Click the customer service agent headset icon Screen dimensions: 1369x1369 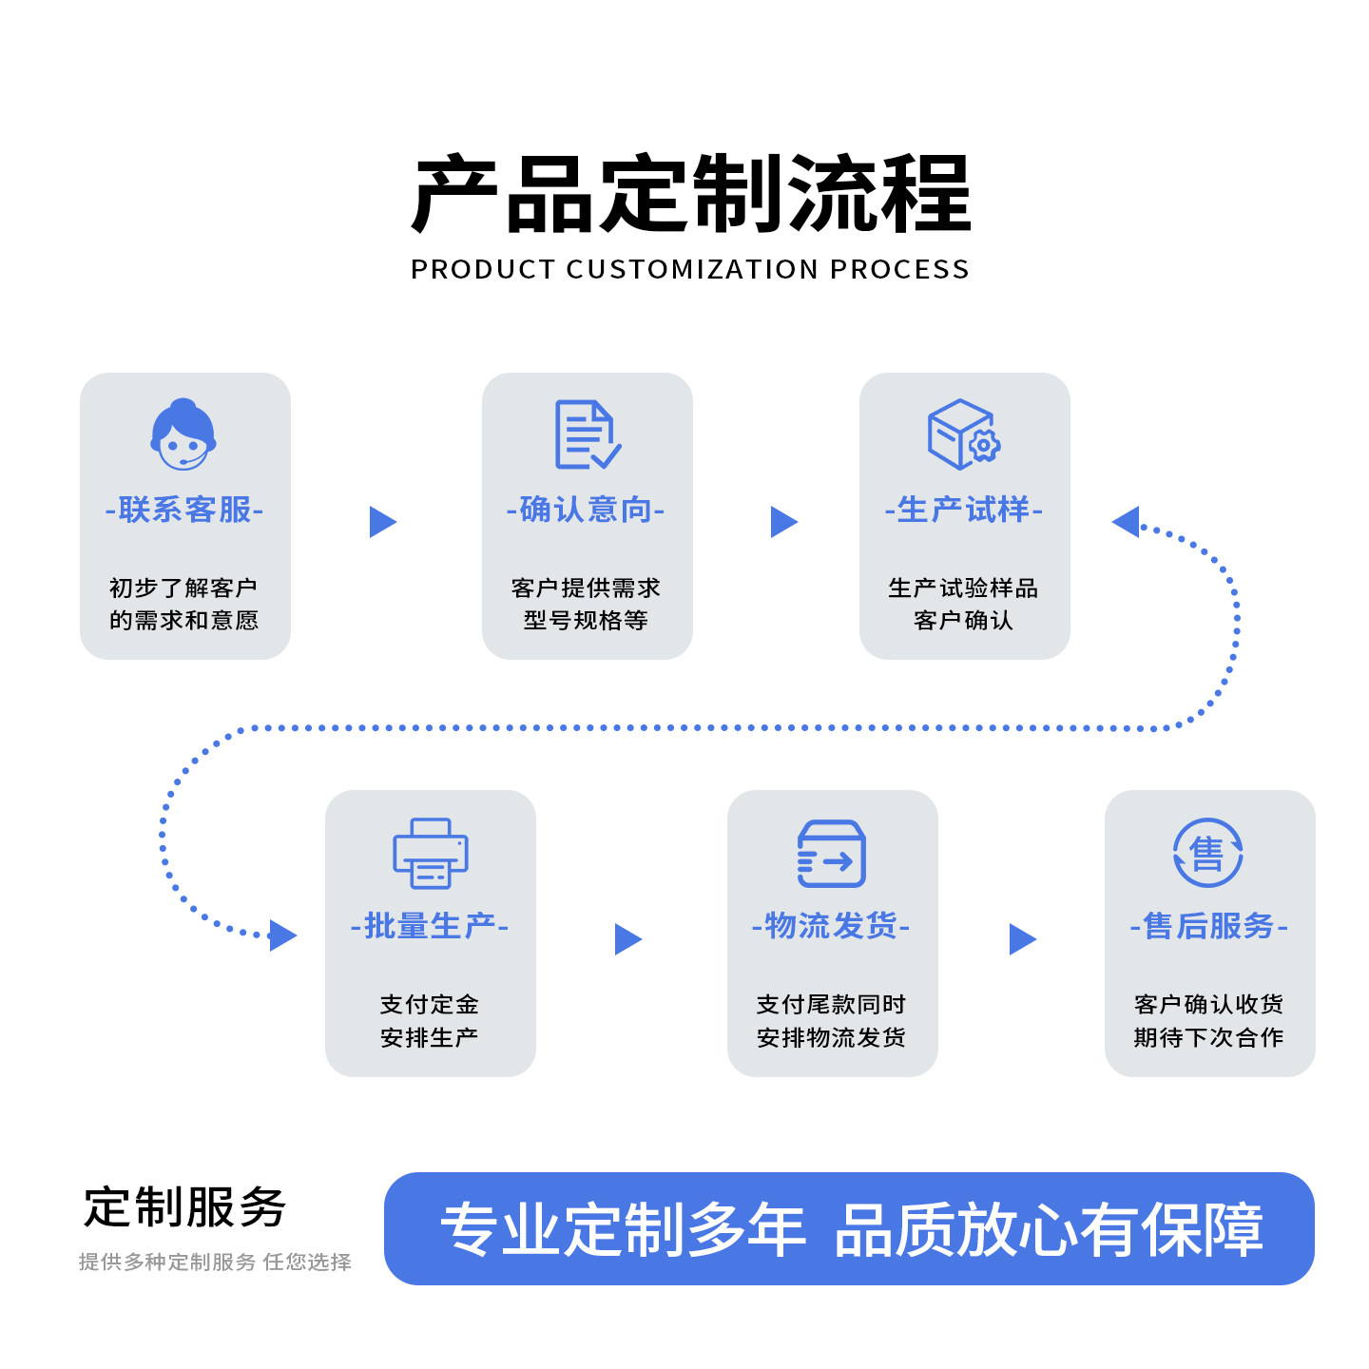click(x=183, y=434)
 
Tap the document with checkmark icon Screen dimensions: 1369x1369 click(x=588, y=434)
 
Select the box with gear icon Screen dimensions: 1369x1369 click(x=963, y=434)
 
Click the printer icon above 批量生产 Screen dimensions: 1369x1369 click(x=431, y=853)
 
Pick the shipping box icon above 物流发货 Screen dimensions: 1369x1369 click(x=831, y=853)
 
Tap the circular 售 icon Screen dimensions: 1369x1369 click(x=1207, y=853)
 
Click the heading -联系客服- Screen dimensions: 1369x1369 click(x=184, y=511)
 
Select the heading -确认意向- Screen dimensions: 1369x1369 click(x=586, y=511)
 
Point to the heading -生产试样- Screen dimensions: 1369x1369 click(x=963, y=511)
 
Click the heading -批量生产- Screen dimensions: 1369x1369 click(x=430, y=926)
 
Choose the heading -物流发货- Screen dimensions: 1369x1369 click(x=831, y=926)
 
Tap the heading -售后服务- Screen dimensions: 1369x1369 click(x=1208, y=926)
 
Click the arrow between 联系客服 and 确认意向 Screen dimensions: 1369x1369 click(x=382, y=522)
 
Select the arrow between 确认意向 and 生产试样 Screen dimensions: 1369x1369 click(x=783, y=522)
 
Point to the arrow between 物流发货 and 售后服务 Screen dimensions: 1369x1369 click(x=1022, y=939)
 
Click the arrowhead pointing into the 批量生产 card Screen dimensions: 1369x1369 click(x=282, y=935)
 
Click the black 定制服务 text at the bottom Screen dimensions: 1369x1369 click(x=184, y=1208)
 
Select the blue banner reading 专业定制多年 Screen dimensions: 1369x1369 click(x=849, y=1228)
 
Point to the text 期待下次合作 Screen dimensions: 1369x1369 click(x=1208, y=1037)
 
